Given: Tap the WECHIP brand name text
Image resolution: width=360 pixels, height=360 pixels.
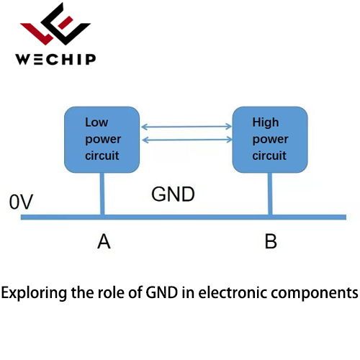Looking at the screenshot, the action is (x=55, y=59).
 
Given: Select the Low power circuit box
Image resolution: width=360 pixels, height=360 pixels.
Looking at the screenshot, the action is (x=102, y=140).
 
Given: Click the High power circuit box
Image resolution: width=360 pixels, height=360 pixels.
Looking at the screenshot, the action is (x=270, y=140).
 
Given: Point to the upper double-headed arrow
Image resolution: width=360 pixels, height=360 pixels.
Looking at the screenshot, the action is (x=186, y=127).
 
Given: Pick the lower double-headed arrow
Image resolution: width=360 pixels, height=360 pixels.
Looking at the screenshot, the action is (x=187, y=140).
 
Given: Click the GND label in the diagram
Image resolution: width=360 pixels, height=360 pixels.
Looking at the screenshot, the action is (x=173, y=194).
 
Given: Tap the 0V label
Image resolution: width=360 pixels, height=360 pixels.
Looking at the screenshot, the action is (x=21, y=202).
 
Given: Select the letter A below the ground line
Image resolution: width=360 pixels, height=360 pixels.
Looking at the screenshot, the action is (x=104, y=241).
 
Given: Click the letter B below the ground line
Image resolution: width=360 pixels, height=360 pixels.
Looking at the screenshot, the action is (x=271, y=241).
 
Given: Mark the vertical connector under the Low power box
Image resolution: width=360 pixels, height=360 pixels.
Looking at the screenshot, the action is (x=102, y=194).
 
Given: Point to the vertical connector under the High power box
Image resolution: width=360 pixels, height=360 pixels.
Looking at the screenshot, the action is (x=270, y=194).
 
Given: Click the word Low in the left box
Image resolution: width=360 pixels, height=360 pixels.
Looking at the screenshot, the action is (x=96, y=122).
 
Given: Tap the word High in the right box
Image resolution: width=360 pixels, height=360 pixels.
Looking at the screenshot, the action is (x=266, y=122).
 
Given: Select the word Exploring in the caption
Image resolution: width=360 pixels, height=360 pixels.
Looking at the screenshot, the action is (x=34, y=293).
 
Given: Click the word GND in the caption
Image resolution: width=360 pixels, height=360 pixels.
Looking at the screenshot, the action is (x=162, y=292).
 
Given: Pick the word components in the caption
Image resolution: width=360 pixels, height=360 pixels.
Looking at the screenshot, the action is (x=315, y=294).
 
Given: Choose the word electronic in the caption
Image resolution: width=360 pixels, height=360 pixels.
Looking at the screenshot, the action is (x=233, y=293).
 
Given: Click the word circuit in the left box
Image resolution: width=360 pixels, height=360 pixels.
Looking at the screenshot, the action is (x=102, y=156).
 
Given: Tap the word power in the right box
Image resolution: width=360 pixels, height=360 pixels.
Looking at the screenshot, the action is (x=270, y=140).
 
